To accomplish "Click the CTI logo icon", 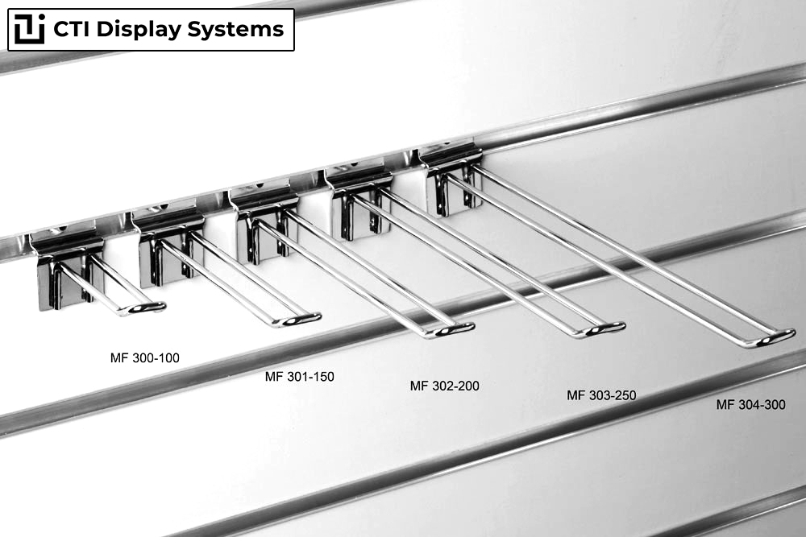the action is tap(29, 29).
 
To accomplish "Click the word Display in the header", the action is tap(139, 30).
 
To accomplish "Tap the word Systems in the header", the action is tap(235, 29).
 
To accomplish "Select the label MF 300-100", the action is tap(145, 357).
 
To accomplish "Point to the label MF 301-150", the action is tap(300, 376).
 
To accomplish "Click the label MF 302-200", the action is tap(445, 386).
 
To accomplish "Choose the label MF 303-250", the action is tap(601, 395).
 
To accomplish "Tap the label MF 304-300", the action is tap(751, 404).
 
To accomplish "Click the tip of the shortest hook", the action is tap(163, 307).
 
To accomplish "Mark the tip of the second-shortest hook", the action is tap(318, 316).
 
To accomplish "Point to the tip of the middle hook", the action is tap(471, 326).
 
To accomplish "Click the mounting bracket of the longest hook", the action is tap(451, 181).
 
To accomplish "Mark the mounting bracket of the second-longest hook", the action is tap(359, 200).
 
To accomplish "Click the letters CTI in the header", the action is tap(72, 29).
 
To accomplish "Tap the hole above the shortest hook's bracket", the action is tap(62, 228).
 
